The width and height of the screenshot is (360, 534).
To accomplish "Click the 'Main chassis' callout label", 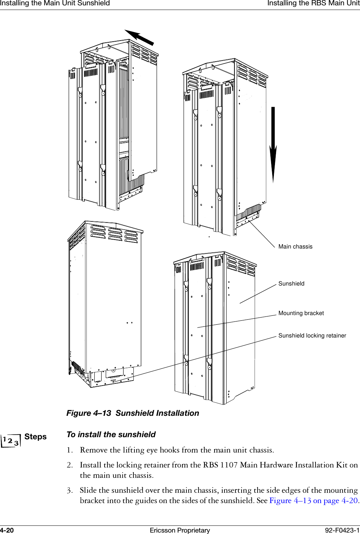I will coord(295,246).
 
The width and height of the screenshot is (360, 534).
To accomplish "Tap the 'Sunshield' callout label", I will coord(291,283).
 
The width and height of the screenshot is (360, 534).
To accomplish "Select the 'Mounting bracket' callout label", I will coord(301,313).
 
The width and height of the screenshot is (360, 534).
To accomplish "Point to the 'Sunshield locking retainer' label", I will coord(312,335).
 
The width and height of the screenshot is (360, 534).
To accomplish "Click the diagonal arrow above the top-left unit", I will coord(139,37).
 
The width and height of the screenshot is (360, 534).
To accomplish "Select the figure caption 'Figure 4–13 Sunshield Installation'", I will coord(133,413).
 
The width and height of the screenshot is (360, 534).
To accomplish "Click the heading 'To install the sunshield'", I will coord(111,434).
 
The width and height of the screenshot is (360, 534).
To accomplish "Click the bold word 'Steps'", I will coord(36,437).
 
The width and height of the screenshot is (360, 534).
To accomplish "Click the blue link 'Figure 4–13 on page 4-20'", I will coord(313,500).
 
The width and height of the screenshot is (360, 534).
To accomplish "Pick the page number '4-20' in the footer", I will coord(7,530).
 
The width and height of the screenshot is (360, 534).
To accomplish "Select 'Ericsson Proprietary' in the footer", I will coord(180,530).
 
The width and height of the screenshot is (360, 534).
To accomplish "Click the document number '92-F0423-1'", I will coord(342,530).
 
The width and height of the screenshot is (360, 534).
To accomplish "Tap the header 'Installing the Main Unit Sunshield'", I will coord(55,3).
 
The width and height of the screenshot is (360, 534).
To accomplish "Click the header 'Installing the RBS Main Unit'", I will coord(313,3).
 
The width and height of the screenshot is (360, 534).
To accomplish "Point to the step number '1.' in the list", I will coord(70,450).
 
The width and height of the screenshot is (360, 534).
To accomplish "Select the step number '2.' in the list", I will coord(70,465).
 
